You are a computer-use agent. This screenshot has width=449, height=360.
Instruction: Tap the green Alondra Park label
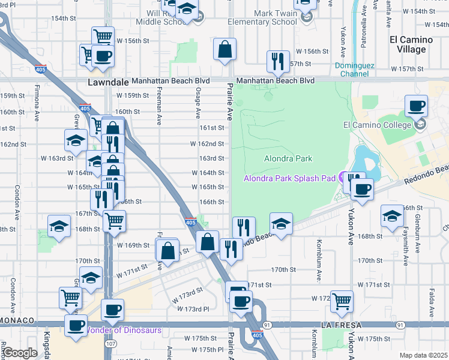pyautogui.click(x=288, y=158)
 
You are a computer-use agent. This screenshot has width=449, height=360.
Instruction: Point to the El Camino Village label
pyautogui.click(x=415, y=45)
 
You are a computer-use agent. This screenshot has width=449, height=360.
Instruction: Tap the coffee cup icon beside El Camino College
pyautogui.click(x=416, y=107)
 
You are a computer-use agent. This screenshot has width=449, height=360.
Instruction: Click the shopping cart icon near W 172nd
pyautogui.click(x=342, y=301)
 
